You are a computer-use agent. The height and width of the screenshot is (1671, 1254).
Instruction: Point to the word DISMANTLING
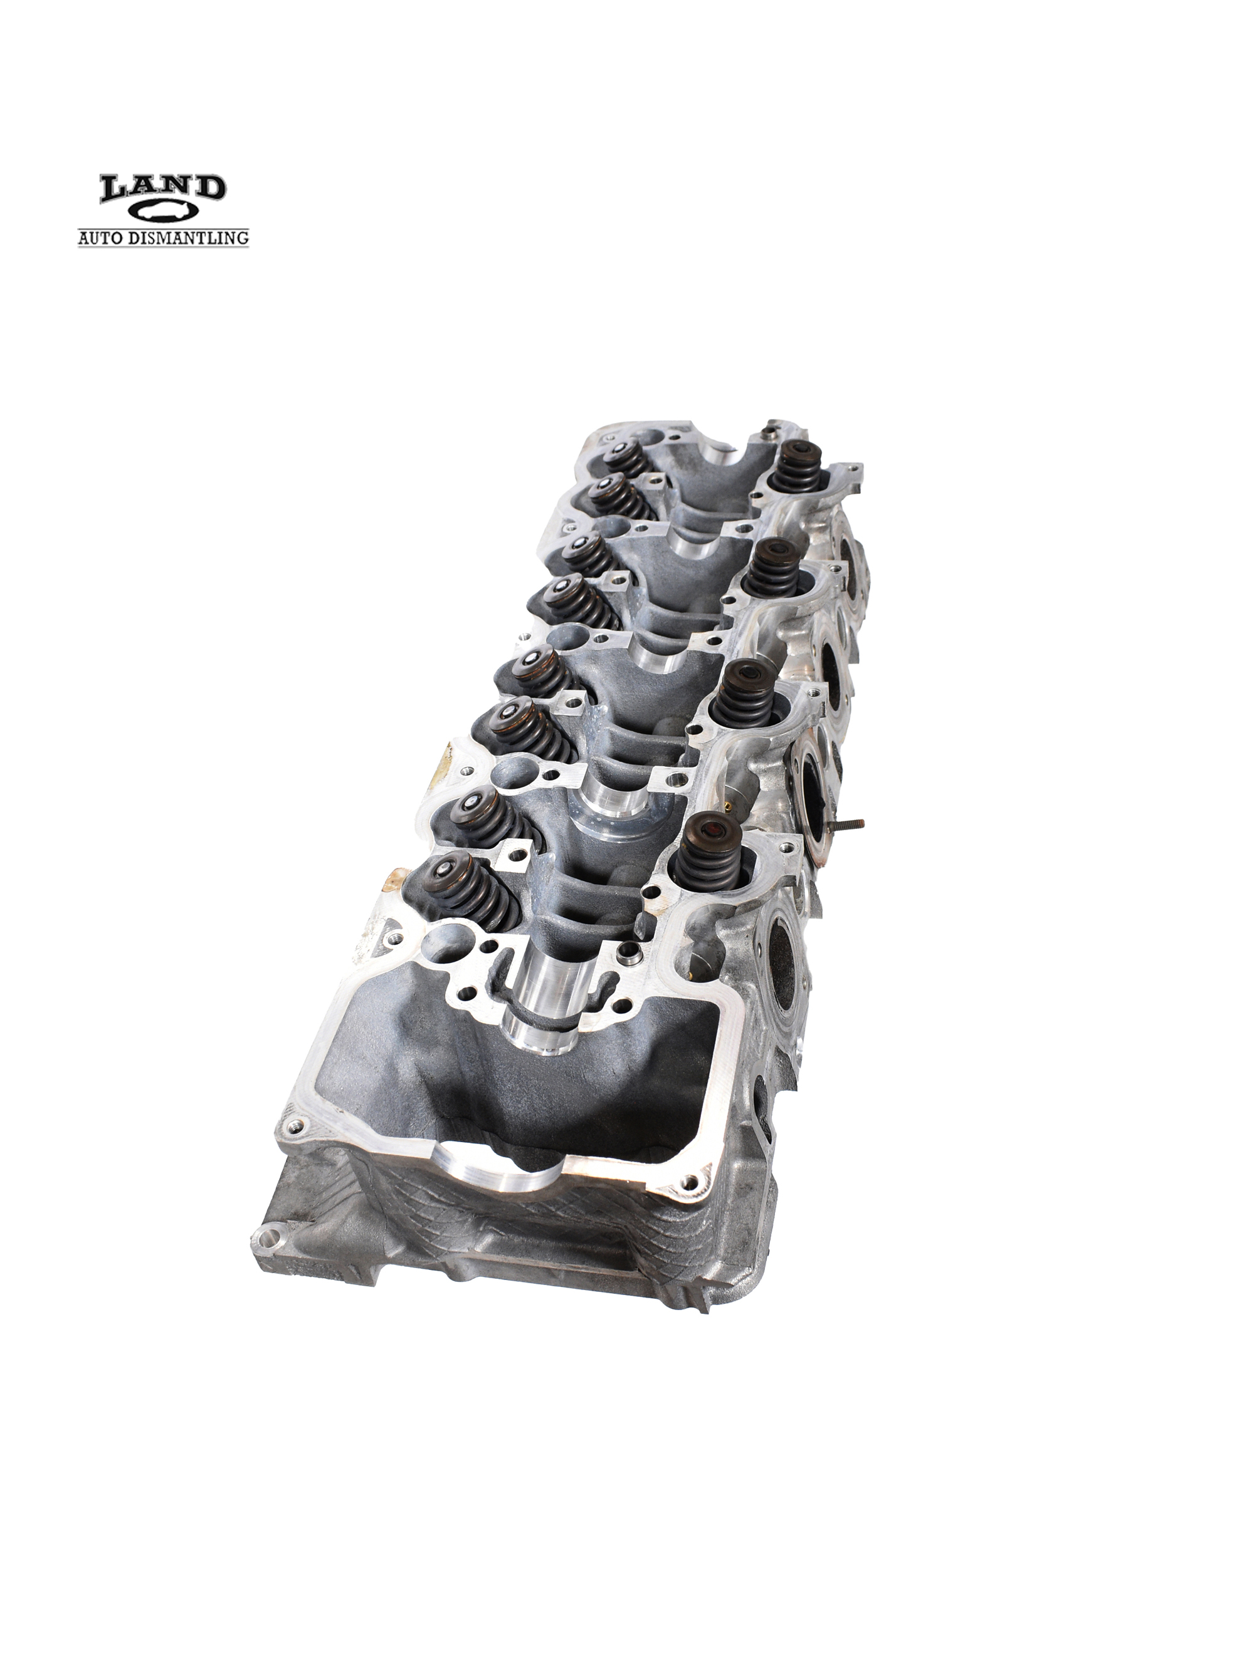point(192,237)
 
